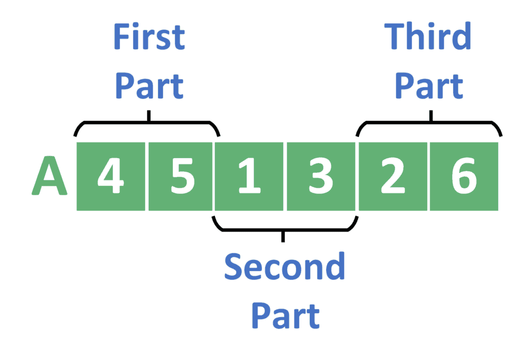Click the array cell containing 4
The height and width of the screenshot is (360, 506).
[111, 176]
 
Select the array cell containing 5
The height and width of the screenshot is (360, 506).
[181, 176]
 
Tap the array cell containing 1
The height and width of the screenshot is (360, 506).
[250, 176]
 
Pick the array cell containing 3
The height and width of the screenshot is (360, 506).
[321, 176]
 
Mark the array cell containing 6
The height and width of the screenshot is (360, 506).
[464, 176]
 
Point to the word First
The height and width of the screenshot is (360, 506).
[149, 37]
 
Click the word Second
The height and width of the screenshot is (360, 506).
[284, 267]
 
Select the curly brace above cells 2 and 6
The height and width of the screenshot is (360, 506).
[430, 123]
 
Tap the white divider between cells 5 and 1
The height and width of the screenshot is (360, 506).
[213, 176]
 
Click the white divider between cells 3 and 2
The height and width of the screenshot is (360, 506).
[357, 176]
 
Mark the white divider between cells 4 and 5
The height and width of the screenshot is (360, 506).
[147, 176]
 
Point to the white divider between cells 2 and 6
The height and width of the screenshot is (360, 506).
[428, 176]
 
